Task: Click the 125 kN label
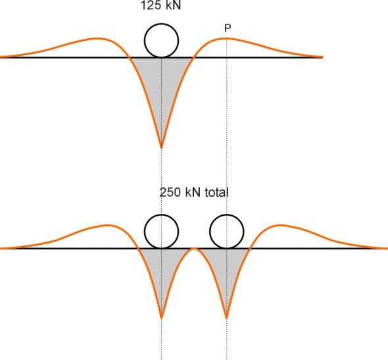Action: pyautogui.click(x=160, y=5)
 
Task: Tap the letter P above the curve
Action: pyautogui.click(x=228, y=28)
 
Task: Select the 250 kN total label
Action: pyautogui.click(x=194, y=192)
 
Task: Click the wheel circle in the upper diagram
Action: pyautogui.click(x=161, y=24)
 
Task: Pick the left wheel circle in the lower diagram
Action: pyautogui.click(x=161, y=215)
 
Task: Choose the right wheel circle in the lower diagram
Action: pyautogui.click(x=227, y=215)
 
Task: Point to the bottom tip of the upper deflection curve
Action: pyautogui.click(x=161, y=148)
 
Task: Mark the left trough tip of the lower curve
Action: pyautogui.click(x=161, y=318)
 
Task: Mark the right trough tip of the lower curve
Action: pyautogui.click(x=227, y=318)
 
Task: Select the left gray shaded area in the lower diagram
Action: pyautogui.click(x=161, y=267)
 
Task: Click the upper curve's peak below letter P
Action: pyautogui.click(x=227, y=38)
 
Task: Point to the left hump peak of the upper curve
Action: pyautogui.click(x=98, y=38)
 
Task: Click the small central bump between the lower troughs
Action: pyautogui.click(x=194, y=248)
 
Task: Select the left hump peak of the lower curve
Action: pyautogui.click(x=107, y=225)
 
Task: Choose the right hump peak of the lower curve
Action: pyautogui.click(x=280, y=225)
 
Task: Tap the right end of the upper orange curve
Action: pyautogui.click(x=322, y=57)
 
